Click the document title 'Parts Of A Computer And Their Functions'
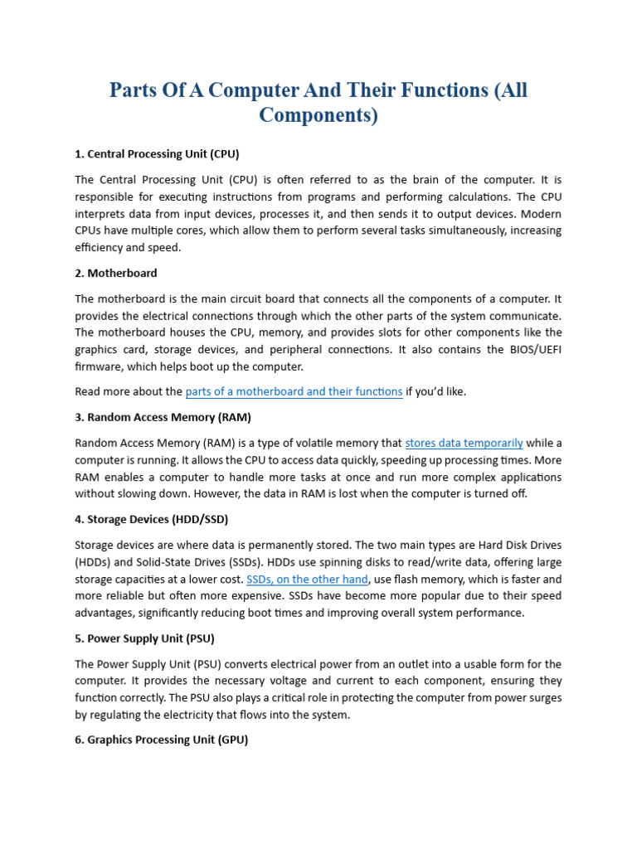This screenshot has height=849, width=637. [x=318, y=90]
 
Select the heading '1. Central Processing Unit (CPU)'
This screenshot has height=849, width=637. [x=157, y=154]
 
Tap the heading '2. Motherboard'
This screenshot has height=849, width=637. [x=116, y=273]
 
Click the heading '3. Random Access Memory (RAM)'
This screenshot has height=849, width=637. [x=163, y=417]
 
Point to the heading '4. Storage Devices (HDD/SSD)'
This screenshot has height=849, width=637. [x=151, y=520]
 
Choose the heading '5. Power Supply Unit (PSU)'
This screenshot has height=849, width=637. [x=145, y=638]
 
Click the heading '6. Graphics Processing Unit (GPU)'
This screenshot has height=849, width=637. [x=161, y=740]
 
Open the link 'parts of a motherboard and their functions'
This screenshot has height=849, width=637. [x=294, y=391]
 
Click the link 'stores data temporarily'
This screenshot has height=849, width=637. [x=464, y=443]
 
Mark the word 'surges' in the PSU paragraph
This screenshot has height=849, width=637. [x=542, y=697]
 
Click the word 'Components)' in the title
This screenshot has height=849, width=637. [x=318, y=115]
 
